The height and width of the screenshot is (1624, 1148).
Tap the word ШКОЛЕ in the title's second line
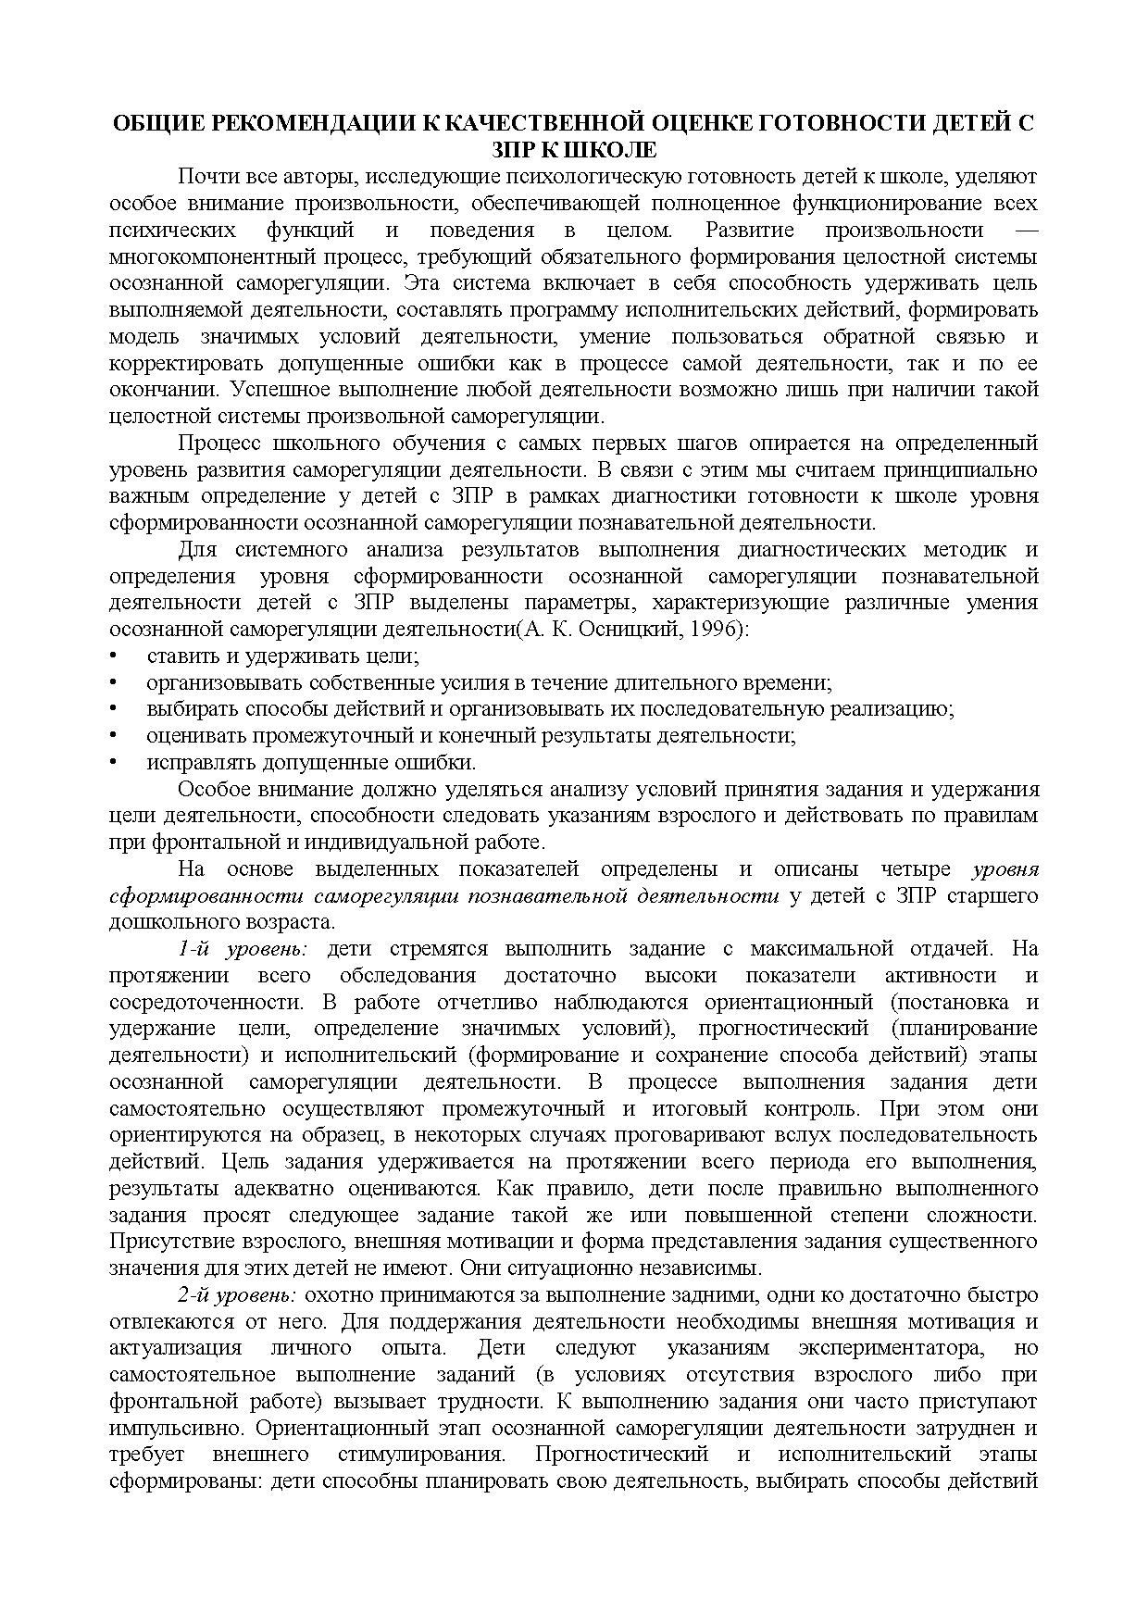coord(612,150)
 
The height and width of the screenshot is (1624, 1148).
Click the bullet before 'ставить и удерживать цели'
coord(113,656)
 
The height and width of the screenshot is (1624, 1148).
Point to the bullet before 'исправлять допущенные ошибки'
coord(113,763)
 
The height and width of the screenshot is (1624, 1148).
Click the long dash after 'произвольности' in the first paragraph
coord(1027,230)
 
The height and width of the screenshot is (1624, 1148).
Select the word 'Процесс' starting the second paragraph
coord(212,443)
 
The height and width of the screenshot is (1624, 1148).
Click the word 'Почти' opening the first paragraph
coord(206,177)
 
